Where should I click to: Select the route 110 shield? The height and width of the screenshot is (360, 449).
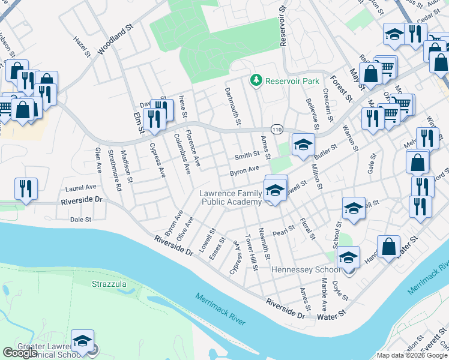277,130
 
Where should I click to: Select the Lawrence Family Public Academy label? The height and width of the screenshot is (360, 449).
231,197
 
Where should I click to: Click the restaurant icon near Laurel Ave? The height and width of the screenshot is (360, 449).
26,188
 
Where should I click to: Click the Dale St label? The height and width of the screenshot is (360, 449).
80,220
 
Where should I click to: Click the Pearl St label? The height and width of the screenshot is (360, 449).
284,229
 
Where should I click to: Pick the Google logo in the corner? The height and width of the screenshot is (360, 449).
20,353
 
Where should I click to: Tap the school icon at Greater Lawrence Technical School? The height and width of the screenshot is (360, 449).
83,341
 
